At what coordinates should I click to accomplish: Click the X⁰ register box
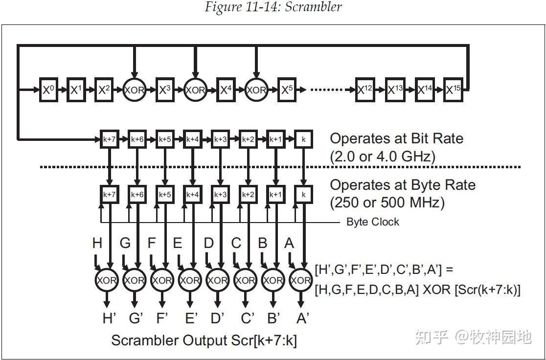[x=48, y=90]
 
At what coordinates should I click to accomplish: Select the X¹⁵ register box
[x=455, y=90]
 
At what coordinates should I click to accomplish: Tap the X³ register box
[x=165, y=90]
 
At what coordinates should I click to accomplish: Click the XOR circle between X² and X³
[x=135, y=90]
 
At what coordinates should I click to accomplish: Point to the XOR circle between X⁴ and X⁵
[x=256, y=90]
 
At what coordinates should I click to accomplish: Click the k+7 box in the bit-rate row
[x=110, y=139]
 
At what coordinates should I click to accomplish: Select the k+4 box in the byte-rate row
[x=192, y=194]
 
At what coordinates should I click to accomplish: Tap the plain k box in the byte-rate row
[x=304, y=194]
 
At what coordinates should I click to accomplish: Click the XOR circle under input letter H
[x=107, y=280]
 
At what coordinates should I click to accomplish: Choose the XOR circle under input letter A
[x=300, y=280]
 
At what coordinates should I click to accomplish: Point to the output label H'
[x=109, y=318]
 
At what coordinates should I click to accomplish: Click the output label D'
[x=218, y=318]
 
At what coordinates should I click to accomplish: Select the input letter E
[x=178, y=243]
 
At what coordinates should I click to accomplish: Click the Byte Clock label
[x=372, y=222]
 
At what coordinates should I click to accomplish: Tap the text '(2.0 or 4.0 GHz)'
[x=382, y=157]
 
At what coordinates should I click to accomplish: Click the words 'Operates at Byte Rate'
[x=403, y=185]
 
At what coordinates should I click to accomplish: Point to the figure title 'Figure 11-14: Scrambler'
[x=273, y=7]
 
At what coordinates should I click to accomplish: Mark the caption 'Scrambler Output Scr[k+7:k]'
[x=204, y=340]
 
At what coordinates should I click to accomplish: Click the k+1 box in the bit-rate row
[x=276, y=139]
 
